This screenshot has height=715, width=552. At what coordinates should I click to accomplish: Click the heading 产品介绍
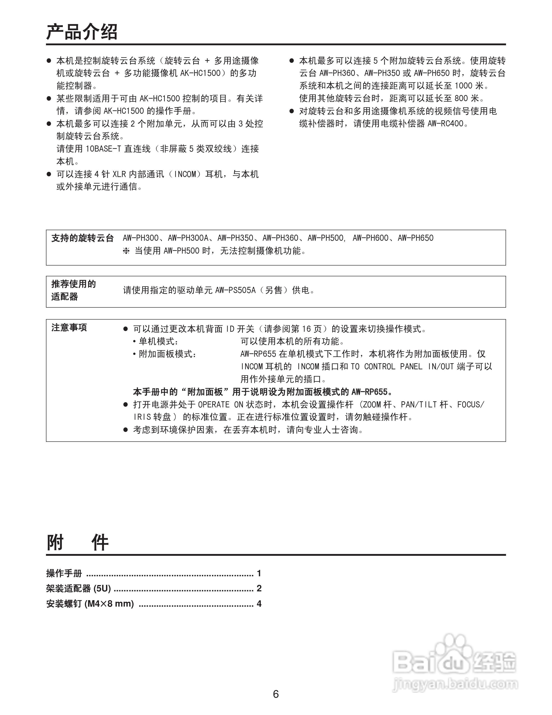tap(82, 32)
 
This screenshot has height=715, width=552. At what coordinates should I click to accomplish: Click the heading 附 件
tap(77, 543)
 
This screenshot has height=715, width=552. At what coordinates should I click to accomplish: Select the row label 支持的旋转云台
tap(82, 238)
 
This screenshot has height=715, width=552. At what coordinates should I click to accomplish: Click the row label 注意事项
tap(69, 327)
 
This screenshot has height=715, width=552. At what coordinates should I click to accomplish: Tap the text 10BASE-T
tap(103, 149)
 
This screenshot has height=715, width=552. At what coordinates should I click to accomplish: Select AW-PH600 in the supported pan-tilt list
tap(370, 238)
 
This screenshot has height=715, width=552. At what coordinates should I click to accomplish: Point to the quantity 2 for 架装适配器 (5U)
tap(259, 588)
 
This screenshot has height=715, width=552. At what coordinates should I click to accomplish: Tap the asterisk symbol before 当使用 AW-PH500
tap(126, 251)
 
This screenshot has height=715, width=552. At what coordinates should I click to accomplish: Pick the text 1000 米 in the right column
tap(469, 86)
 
